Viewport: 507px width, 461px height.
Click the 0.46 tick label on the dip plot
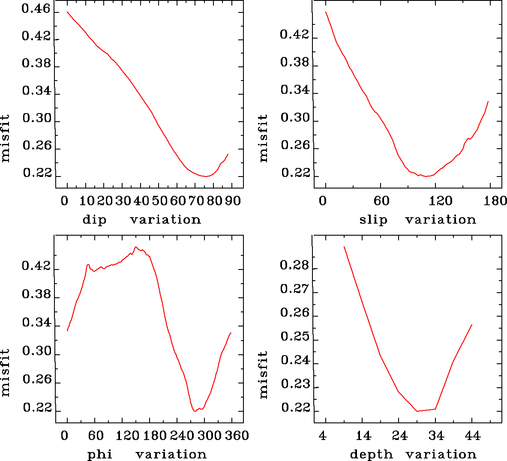[36, 9]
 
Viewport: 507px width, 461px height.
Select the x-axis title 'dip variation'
[141, 220]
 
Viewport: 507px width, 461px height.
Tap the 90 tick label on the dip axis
[233, 201]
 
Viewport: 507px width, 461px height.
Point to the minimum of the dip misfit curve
[206, 176]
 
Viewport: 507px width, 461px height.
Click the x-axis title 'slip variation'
[417, 220]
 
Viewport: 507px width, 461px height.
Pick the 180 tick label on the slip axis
[497, 201]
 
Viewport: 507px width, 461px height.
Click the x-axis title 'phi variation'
[147, 454]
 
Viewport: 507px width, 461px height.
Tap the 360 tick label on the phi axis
[237, 436]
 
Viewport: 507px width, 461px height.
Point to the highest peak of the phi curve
[135, 247]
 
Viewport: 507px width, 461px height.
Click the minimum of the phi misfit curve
[195, 411]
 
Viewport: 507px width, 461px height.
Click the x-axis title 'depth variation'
[413, 454]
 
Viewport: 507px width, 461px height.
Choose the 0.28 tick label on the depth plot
[294, 266]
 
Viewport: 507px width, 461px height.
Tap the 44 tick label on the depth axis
[472, 436]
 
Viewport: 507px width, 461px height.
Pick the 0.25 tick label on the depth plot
[294, 337]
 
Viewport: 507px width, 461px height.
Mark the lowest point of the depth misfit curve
[417, 411]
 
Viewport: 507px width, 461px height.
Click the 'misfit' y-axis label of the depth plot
[263, 375]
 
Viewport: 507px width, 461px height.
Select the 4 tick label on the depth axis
[323, 436]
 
